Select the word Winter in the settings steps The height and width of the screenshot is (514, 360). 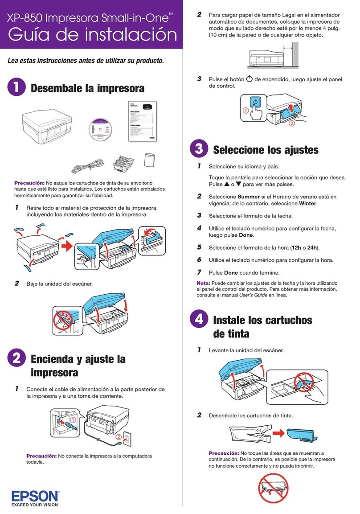307,203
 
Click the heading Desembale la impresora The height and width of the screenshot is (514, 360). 87,89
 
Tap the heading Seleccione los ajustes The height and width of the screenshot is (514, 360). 266,150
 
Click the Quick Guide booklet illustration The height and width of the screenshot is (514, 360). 141,121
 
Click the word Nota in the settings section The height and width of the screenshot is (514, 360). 204,283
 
